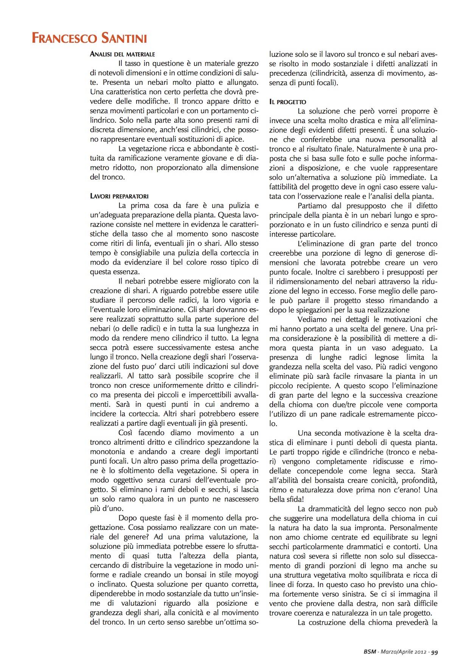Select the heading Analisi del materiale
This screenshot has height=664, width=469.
122,54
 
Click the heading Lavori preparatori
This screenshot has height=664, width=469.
119,196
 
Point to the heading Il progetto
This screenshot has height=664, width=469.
287,102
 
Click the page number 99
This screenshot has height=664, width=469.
434,652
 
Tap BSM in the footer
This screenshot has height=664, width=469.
370,652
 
